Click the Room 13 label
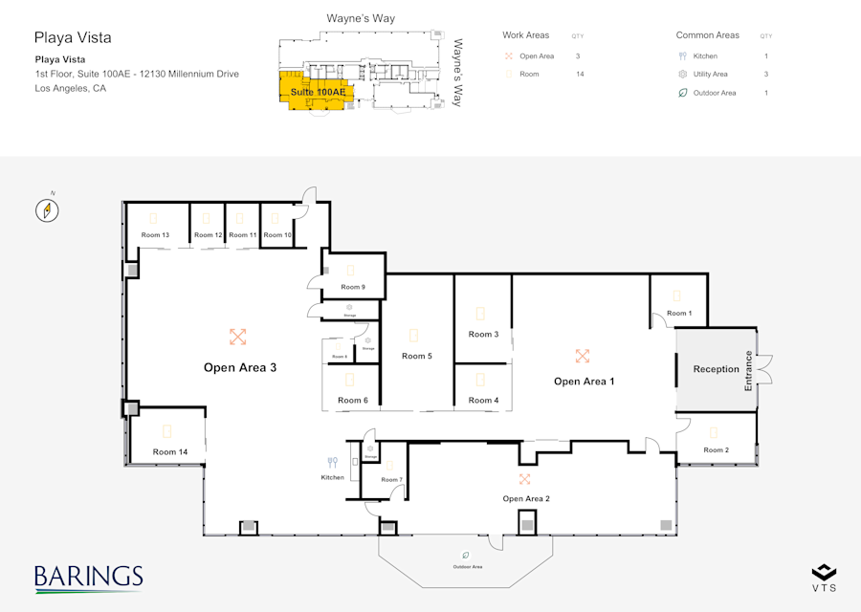tap(155, 235)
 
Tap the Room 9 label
tap(352, 287)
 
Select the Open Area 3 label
tap(240, 367)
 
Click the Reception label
tap(716, 369)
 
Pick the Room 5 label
tap(416, 356)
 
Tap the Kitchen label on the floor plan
tap(332, 477)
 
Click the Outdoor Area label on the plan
tap(468, 567)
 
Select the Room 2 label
tap(716, 449)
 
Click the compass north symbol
tap(48, 209)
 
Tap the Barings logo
tap(88, 579)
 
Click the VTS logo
tap(824, 578)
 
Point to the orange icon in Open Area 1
tap(582, 356)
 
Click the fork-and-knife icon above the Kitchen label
tap(333, 463)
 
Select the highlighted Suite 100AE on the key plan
tap(316, 92)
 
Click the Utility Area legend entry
tap(710, 75)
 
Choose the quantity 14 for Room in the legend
tap(580, 75)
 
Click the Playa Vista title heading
tap(73, 38)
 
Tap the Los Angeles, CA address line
tap(71, 88)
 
